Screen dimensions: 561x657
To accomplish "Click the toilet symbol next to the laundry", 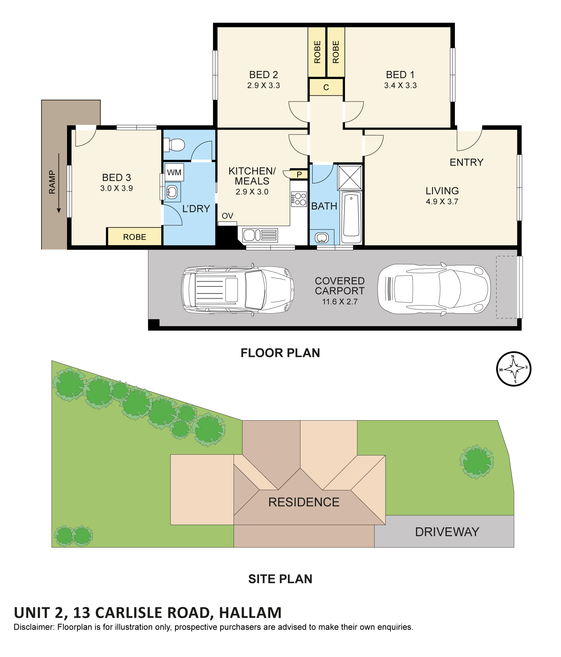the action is click(174, 145).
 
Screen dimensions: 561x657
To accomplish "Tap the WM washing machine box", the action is click(174, 172).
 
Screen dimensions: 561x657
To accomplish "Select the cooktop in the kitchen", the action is click(299, 199).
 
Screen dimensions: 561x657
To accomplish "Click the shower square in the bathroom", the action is click(350, 177).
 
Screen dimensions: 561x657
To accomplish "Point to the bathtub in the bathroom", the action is click(351, 217).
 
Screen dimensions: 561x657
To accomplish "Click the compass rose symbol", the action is click(514, 368).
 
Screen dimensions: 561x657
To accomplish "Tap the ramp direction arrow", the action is click(59, 183).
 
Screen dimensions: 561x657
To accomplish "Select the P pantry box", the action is click(299, 174).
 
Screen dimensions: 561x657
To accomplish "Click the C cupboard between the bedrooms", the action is click(326, 87).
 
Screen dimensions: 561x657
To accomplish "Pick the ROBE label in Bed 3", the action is click(135, 237).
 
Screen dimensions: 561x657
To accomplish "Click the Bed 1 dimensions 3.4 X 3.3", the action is click(400, 85).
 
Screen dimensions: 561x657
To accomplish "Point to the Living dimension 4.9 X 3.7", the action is click(442, 201).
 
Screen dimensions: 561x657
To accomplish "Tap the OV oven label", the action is click(227, 216).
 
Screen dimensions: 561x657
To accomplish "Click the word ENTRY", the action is click(466, 162).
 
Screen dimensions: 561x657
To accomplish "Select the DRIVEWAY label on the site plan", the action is click(447, 532).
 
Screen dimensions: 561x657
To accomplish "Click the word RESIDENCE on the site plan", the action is click(304, 502).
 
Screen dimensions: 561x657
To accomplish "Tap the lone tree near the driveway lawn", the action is click(476, 462).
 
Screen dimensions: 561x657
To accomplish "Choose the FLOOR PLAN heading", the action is click(280, 353).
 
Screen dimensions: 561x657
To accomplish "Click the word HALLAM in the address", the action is click(250, 613).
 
